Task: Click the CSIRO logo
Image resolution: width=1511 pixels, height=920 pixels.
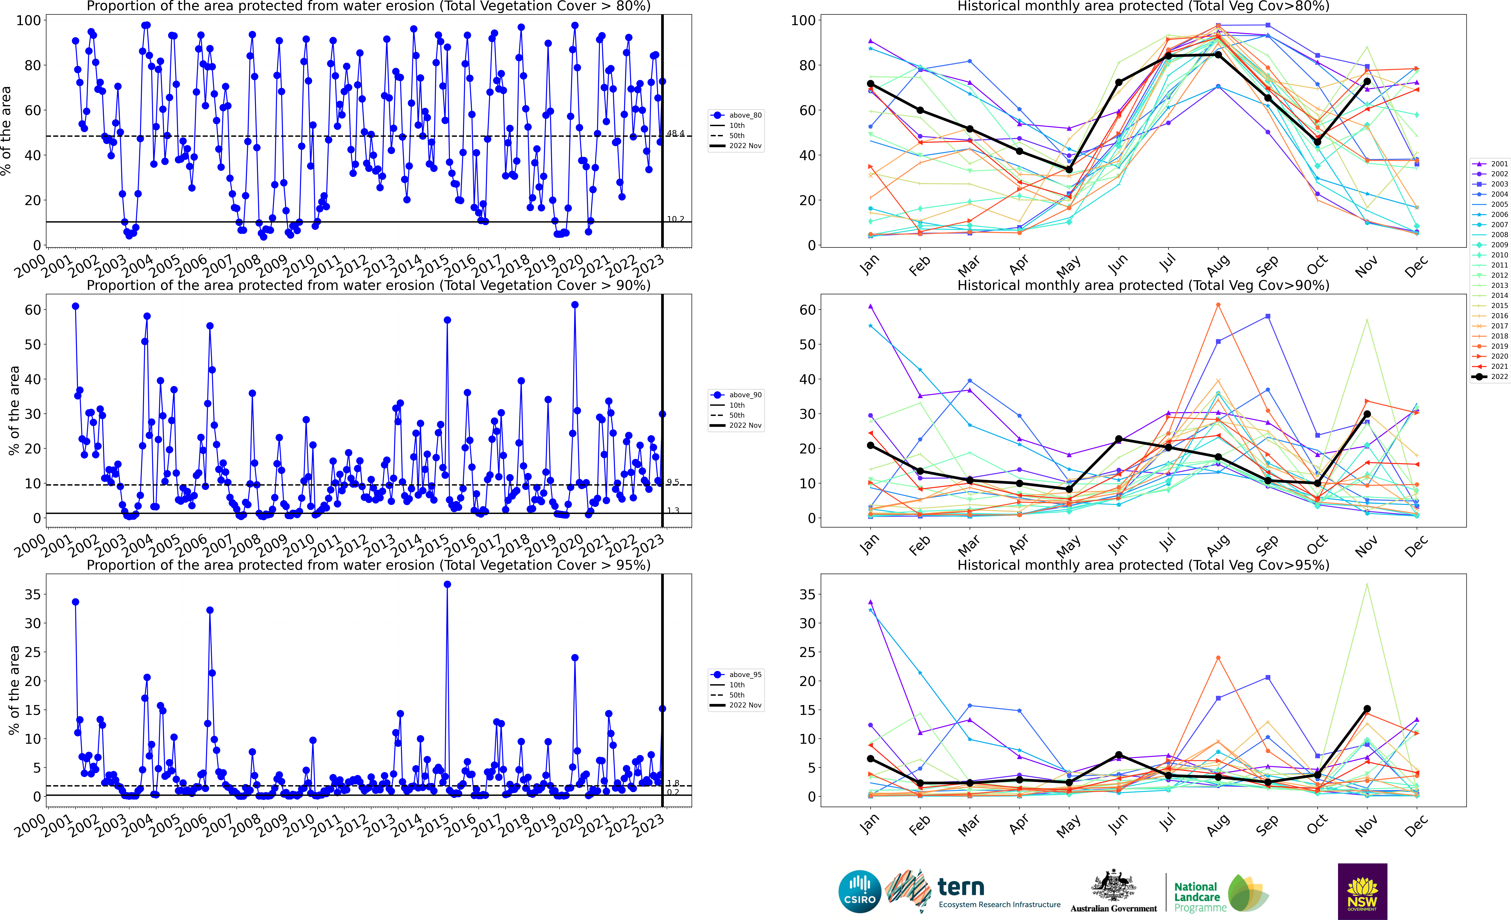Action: tap(860, 891)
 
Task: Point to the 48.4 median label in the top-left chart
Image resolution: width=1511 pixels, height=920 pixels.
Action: tap(675, 133)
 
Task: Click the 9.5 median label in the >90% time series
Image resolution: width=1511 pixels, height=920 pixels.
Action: tap(673, 482)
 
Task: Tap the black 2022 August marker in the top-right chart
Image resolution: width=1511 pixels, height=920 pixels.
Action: tap(1218, 55)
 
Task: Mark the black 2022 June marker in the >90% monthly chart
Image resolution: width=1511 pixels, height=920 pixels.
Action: tap(1118, 439)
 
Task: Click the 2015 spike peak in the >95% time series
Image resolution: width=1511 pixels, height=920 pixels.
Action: tap(447, 585)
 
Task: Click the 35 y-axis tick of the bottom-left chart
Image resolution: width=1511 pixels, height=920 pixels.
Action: tap(33, 594)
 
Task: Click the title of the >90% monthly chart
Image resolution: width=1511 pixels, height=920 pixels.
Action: tap(1143, 285)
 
